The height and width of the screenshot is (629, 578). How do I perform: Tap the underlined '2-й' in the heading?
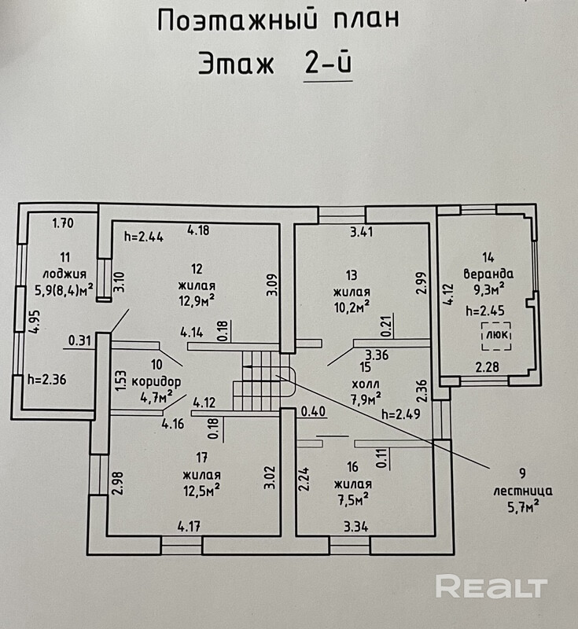pyautogui.click(x=328, y=64)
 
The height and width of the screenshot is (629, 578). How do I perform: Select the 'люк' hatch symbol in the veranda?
pyautogui.click(x=496, y=335)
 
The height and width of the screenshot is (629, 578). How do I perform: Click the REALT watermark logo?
pyautogui.click(x=491, y=586)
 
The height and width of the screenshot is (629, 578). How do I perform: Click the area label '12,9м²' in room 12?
pyautogui.click(x=196, y=300)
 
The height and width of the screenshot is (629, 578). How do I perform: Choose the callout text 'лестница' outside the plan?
pyautogui.click(x=523, y=490)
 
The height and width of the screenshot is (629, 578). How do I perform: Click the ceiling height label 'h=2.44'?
pyautogui.click(x=143, y=235)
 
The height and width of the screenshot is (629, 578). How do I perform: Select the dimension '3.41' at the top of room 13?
pyautogui.click(x=363, y=231)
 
